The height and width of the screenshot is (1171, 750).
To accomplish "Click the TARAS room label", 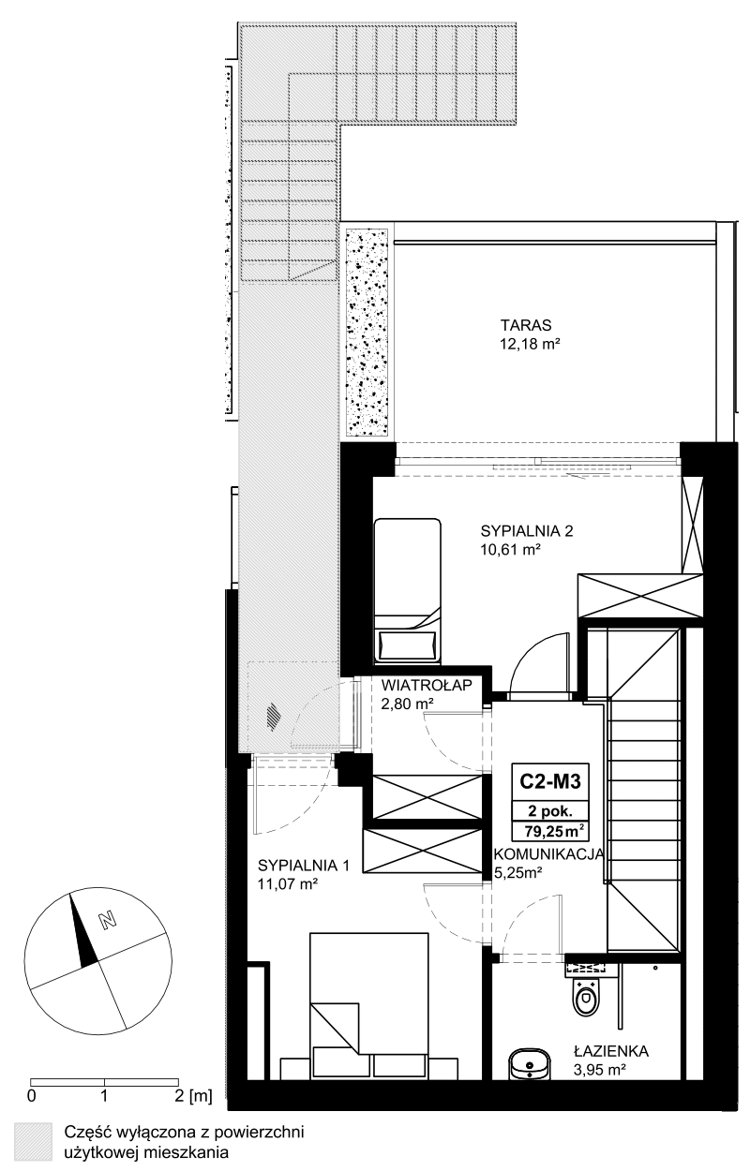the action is coord(526,325).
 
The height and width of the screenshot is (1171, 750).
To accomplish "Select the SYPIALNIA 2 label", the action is coord(527,531).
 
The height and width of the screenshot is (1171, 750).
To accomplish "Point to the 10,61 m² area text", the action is coord(510,550).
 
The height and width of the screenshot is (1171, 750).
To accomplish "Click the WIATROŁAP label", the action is coord(427,685).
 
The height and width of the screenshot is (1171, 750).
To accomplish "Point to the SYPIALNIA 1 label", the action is coord(304,866).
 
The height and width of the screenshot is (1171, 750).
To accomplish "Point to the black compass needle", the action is coord(82,930).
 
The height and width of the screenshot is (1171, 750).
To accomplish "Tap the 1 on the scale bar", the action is coord(104,1096).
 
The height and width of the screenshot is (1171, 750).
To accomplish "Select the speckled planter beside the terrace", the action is coord(367,333).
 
